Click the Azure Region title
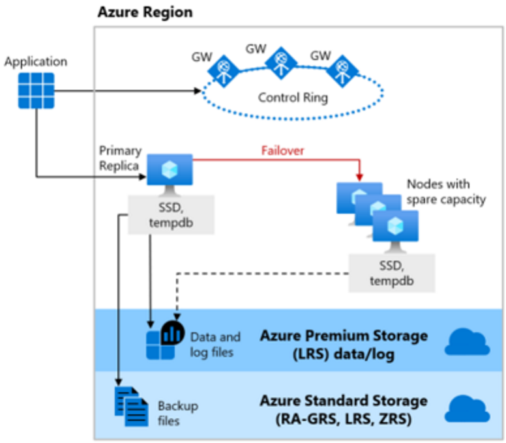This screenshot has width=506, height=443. point(145,12)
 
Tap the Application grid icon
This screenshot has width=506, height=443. point(36,90)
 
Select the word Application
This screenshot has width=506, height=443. point(35,62)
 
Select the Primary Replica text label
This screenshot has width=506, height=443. point(121,157)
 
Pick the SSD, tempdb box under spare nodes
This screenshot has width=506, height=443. point(391,272)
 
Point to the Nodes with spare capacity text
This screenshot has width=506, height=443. point(446,192)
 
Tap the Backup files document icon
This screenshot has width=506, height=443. point(131,405)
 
